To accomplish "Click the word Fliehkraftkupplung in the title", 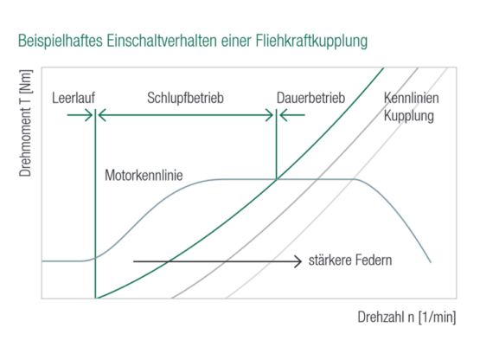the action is coord(311,41).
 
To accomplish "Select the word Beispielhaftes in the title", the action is coord(61,41).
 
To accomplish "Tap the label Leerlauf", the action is coord(74,98).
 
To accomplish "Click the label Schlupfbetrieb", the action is coord(185,98).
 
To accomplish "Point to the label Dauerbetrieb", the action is coord(310,98).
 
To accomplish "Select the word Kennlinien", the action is coord(411,98).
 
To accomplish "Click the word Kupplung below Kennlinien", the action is coord(409,116).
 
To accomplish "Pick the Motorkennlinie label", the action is coord(144,176).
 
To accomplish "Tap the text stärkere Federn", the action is coord(350,260).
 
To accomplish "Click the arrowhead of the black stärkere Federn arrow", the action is coord(298,261).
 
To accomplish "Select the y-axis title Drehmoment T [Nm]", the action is coord(25,123).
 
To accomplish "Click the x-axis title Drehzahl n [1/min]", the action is coord(406,317).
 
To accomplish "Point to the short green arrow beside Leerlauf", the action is coord(80,115).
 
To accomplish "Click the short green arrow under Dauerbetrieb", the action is coord(292,115).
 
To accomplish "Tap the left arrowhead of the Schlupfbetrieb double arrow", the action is coord(102,115).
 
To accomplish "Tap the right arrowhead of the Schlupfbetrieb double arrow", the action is coord(270,115).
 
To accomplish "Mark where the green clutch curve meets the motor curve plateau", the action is coord(277,179).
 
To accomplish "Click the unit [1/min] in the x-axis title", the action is coord(438,317).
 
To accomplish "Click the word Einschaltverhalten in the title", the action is coord(162,41).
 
